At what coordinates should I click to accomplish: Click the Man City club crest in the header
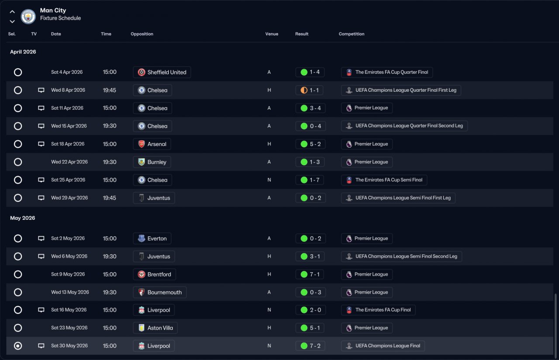[x=28, y=16]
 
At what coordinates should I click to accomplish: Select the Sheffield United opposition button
[x=162, y=73]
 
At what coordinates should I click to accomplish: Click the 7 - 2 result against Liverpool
[x=310, y=346]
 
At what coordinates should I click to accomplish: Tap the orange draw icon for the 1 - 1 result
[x=304, y=90]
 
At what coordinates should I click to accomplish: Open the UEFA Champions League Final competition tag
[x=383, y=346]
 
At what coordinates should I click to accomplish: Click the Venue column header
[x=272, y=34]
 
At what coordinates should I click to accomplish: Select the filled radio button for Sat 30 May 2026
[x=18, y=346]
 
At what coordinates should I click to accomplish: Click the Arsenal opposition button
[x=152, y=144]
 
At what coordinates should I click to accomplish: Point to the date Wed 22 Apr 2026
[x=69, y=162]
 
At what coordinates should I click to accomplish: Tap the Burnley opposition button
[x=152, y=162]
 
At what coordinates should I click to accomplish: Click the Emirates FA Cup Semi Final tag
[x=384, y=180]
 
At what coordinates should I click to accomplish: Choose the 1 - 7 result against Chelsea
[x=310, y=180]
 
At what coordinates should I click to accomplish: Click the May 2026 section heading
[x=23, y=218]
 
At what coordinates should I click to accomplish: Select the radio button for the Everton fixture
[x=18, y=239]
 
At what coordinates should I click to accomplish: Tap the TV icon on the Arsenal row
[x=41, y=144]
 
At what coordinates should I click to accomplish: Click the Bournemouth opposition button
[x=159, y=292]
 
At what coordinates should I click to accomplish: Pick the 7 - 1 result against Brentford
[x=310, y=274]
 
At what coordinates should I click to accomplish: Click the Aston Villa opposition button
[x=155, y=328]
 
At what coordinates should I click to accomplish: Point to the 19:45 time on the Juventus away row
[x=110, y=198]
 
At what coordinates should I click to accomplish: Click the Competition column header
[x=352, y=34]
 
